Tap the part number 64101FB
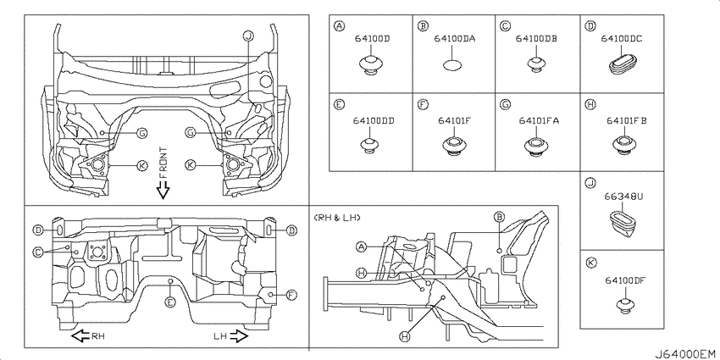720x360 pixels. [x=627, y=121]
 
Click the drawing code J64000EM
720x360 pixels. [x=684, y=351]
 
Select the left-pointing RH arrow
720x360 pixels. [x=80, y=336]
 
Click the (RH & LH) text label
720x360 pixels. [x=339, y=218]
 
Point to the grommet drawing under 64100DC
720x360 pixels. [x=623, y=64]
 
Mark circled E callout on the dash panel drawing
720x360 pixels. [x=171, y=302]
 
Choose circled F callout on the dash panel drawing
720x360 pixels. [x=291, y=295]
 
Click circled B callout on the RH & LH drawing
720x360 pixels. [x=499, y=218]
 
